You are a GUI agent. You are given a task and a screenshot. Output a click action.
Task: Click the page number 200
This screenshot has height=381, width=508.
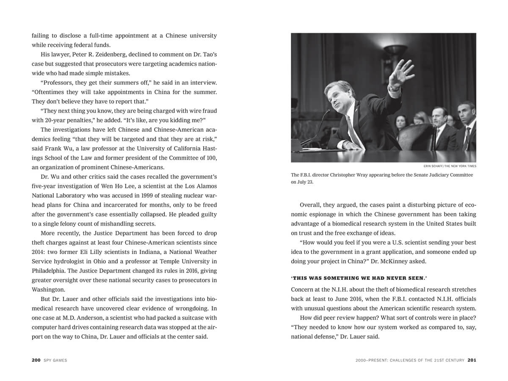click(36, 360)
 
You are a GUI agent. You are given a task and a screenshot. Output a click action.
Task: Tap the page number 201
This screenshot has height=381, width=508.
click(472, 360)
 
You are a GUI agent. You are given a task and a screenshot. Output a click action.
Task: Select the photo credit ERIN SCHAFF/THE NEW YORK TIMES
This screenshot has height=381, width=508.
click(450, 166)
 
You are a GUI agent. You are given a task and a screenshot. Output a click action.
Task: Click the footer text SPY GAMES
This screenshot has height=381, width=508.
click(55, 360)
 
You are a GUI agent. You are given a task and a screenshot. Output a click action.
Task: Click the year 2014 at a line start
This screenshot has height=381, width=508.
click(39, 252)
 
